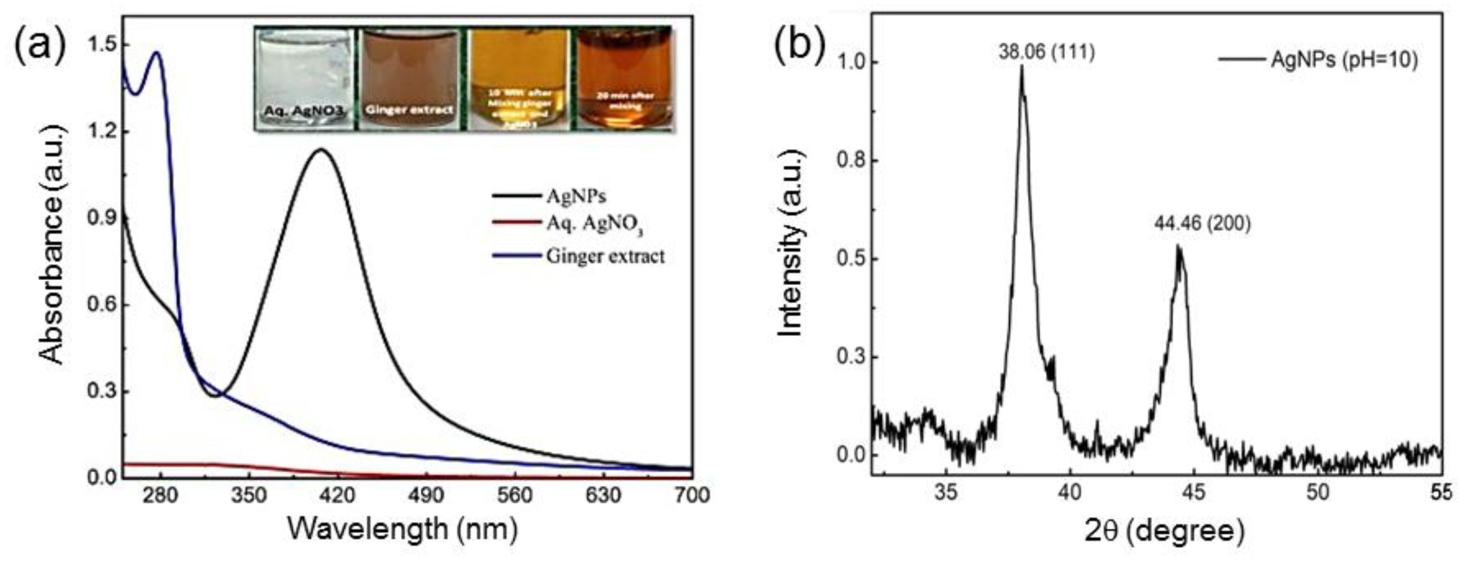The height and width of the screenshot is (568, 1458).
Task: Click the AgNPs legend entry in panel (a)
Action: [x=576, y=196]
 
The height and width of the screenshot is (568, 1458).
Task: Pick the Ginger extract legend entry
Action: [x=605, y=256]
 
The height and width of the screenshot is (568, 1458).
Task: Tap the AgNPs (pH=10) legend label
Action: [x=1344, y=59]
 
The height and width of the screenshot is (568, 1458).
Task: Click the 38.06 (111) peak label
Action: [x=1046, y=52]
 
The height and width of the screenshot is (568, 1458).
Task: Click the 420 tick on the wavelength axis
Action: [x=337, y=495]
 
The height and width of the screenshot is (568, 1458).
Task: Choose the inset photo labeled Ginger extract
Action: [x=409, y=79]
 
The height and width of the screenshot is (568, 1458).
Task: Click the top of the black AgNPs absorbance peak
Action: [x=321, y=149]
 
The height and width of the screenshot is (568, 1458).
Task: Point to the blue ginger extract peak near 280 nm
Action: [x=157, y=53]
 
